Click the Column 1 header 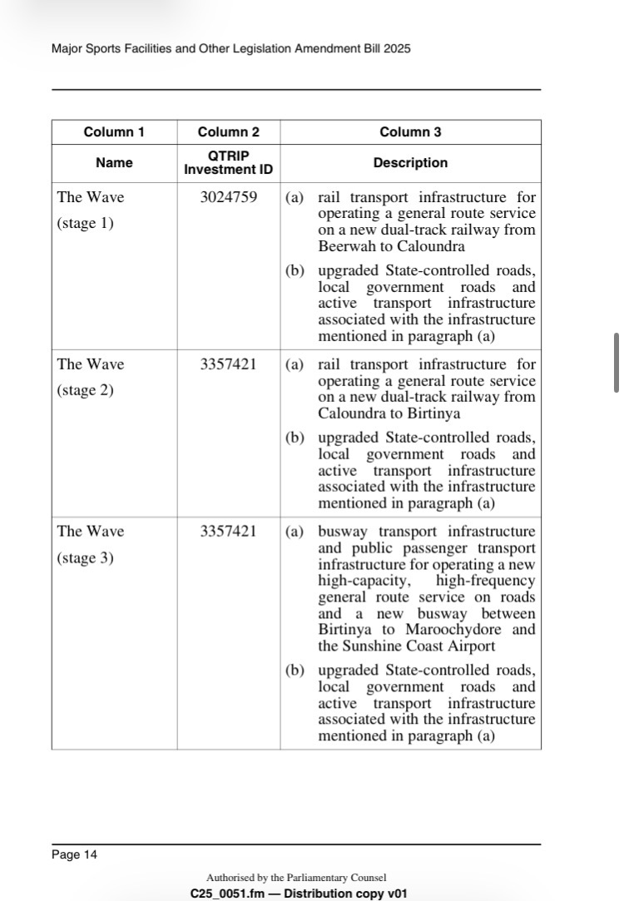[x=114, y=132]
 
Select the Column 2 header [x=228, y=132]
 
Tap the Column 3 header [x=410, y=132]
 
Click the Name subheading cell [x=114, y=163]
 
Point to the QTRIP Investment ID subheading [x=228, y=163]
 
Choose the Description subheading [x=410, y=163]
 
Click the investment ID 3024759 [x=228, y=198]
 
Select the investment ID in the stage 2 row [x=228, y=364]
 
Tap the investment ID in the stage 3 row [x=228, y=532]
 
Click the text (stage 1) [x=85, y=224]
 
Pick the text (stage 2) [x=85, y=390]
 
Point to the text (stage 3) [x=85, y=558]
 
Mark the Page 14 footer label [x=74, y=854]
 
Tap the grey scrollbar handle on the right [x=617, y=363]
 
